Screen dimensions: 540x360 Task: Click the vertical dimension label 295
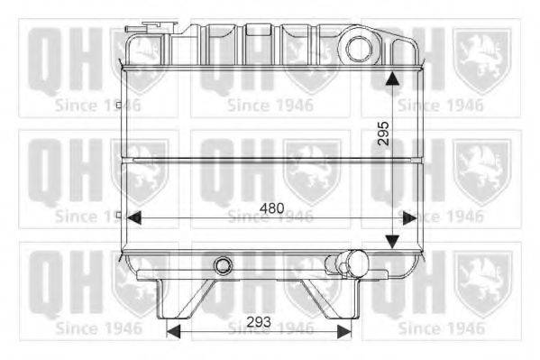[383, 133]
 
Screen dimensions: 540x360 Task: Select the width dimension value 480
[272, 208]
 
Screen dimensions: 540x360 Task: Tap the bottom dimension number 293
[259, 322]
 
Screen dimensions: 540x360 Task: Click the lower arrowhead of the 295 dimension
[392, 242]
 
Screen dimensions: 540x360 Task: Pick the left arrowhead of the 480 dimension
[134, 218]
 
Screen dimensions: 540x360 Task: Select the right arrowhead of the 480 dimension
[409, 218]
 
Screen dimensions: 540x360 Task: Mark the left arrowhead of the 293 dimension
[173, 331]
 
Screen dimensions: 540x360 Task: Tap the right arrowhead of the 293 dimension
[344, 331]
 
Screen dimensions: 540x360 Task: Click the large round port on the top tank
[359, 49]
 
